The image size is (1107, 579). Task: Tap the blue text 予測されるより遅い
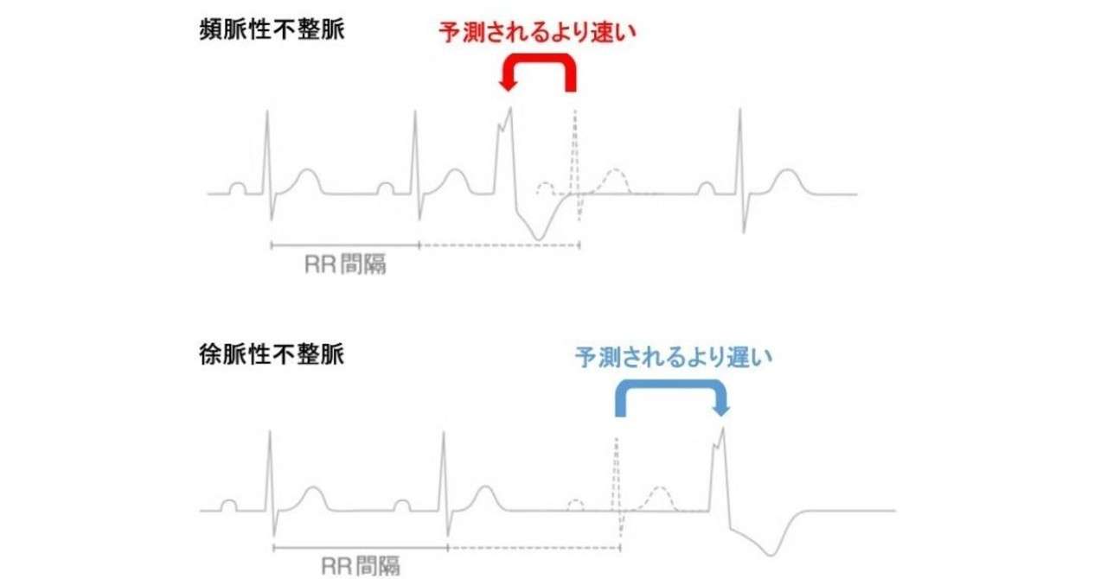click(x=674, y=356)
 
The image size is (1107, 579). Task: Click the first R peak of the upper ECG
click(x=268, y=111)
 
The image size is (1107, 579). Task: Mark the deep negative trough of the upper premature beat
click(x=540, y=239)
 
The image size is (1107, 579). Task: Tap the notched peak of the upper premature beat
click(x=509, y=110)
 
